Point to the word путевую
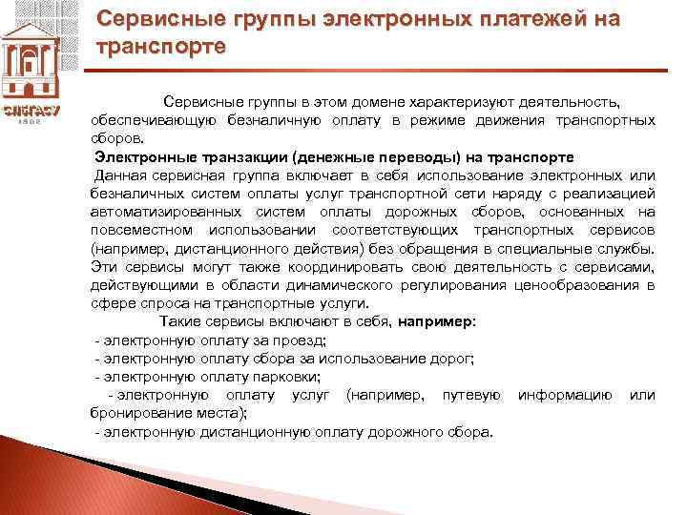(x=471, y=395)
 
